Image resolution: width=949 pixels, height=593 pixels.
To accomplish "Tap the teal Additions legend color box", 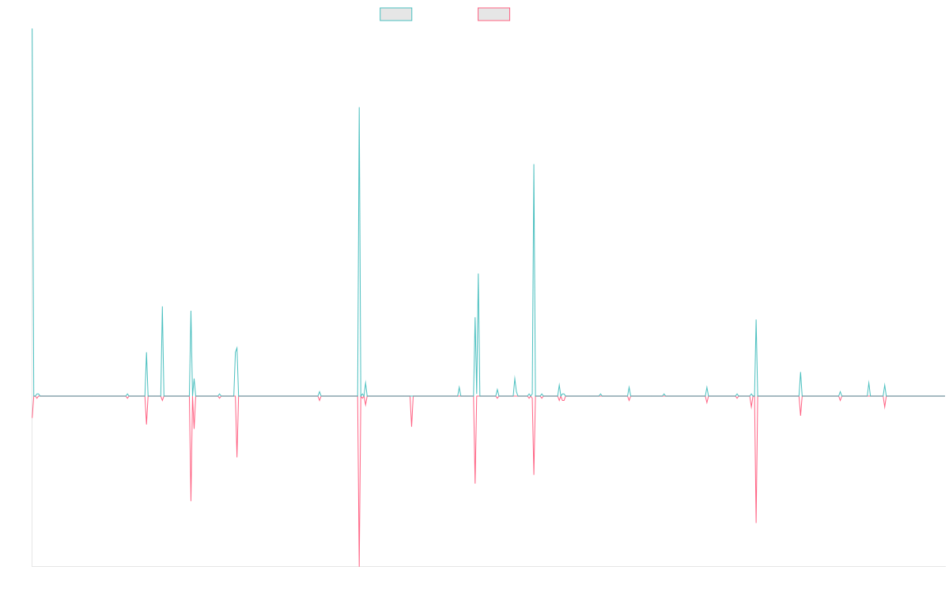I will tap(395, 14).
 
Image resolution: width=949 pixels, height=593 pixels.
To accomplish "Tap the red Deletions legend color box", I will tap(493, 14).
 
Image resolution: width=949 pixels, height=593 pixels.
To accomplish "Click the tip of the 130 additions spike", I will tap(359, 108).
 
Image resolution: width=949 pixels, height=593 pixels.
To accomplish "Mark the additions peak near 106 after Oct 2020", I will tap(533, 164).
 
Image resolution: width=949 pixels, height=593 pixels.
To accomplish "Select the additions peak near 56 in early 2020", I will tap(478, 274).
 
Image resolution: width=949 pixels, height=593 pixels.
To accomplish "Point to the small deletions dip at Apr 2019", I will tap(411, 425).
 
